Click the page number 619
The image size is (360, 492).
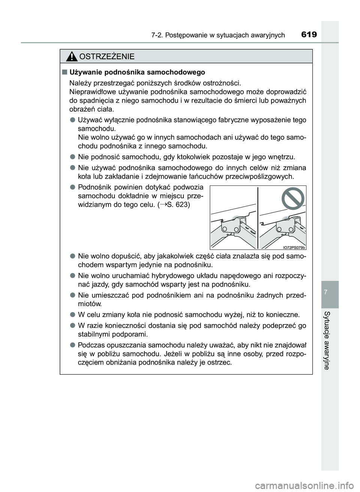[x=309, y=35]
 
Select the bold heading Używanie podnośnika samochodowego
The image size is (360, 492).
[x=137, y=72]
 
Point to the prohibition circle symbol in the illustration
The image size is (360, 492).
[x=293, y=200]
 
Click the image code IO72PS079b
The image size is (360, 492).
[x=294, y=247]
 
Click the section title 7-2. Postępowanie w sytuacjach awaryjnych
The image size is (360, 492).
[x=218, y=35]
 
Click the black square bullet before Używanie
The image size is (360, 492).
[x=65, y=72]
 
